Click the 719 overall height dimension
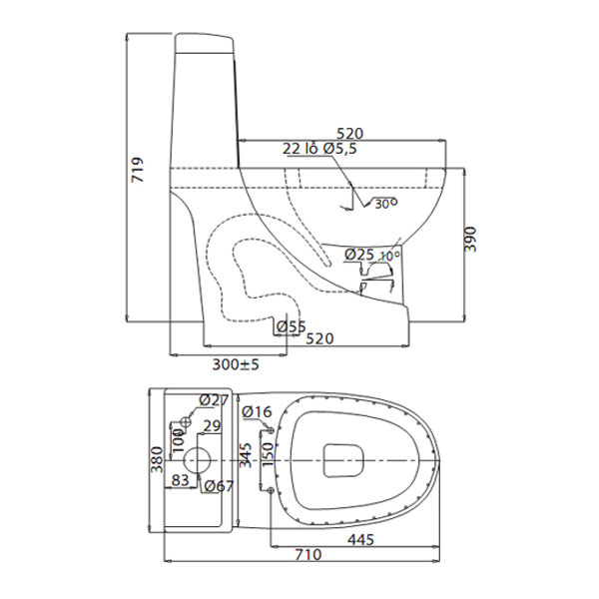pos(137,169)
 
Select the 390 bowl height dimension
pos(470,240)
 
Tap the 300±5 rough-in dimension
pos(236,364)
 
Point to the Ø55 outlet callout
pos(292,326)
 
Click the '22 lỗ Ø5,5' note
pos(319,148)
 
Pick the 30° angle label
pos(385,204)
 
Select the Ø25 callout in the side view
pos(358,255)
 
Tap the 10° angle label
pos(389,257)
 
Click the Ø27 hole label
pos(214,400)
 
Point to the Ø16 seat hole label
pos(258,411)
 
